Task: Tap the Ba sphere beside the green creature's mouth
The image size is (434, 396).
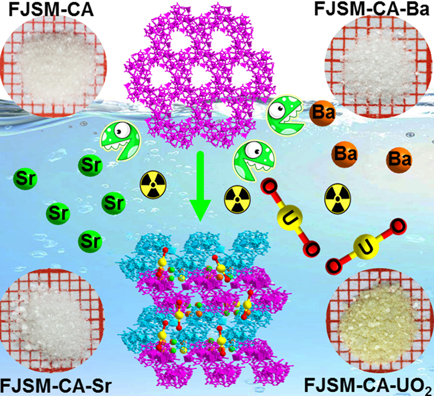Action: [x=323, y=113]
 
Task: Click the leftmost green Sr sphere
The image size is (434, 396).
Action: [x=25, y=179]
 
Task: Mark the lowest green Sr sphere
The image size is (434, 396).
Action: [x=90, y=241]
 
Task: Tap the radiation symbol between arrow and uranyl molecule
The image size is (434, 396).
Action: [x=237, y=199]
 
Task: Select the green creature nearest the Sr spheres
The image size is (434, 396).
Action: [x=121, y=140]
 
